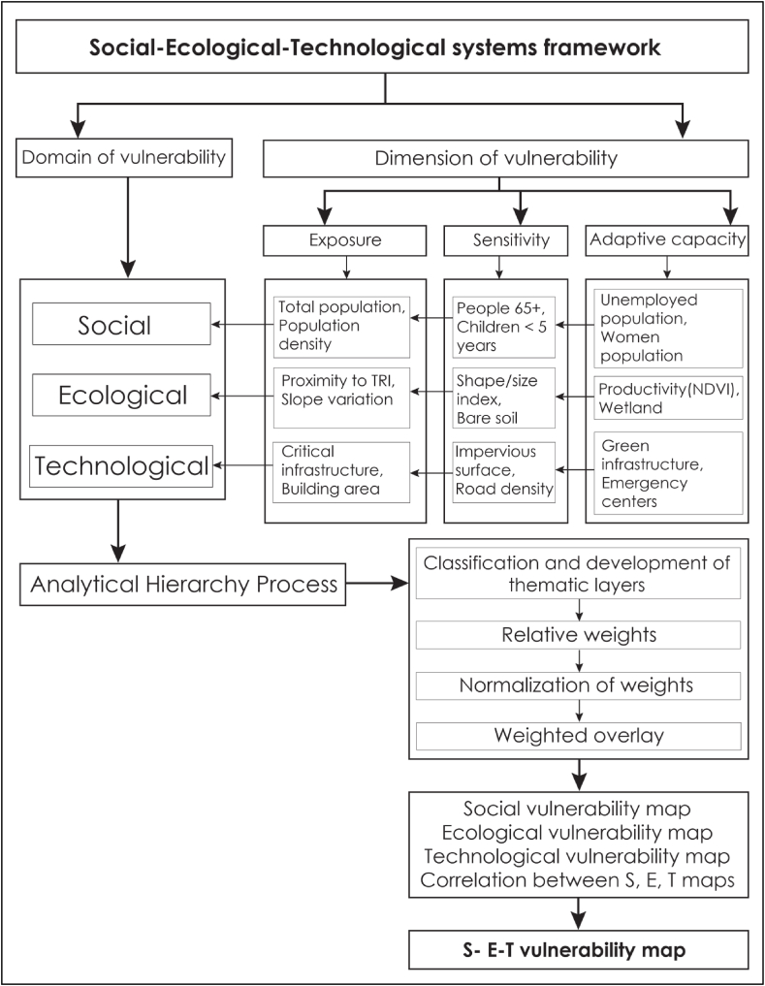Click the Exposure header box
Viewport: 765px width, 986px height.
tap(345, 239)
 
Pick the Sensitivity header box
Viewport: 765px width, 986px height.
tap(498, 239)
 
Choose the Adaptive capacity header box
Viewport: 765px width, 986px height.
tap(666, 239)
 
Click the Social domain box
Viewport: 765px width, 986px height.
tap(121, 324)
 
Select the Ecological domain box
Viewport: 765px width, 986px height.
tap(121, 395)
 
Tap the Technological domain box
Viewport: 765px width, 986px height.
tap(121, 466)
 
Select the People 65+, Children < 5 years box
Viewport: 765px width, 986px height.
tap(498, 324)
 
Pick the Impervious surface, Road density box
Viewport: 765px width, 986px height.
tap(498, 471)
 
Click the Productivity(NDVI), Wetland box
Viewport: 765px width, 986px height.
tap(666, 398)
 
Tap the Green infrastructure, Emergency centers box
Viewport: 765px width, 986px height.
tap(666, 472)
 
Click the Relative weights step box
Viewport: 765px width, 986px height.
tap(578, 636)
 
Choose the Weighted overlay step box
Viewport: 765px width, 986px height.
tap(578, 735)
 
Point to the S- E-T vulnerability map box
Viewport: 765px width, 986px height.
tap(578, 949)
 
